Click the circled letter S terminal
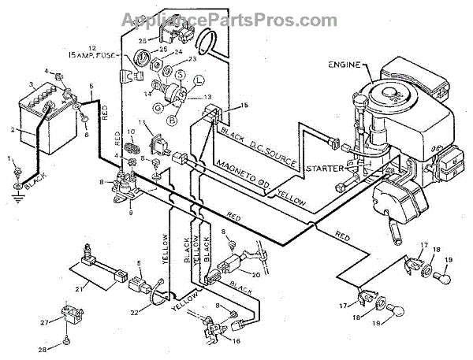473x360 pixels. (x=180, y=75)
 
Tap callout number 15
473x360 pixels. (x=244, y=105)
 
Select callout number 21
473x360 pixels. (x=80, y=288)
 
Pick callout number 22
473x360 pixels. (x=133, y=313)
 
